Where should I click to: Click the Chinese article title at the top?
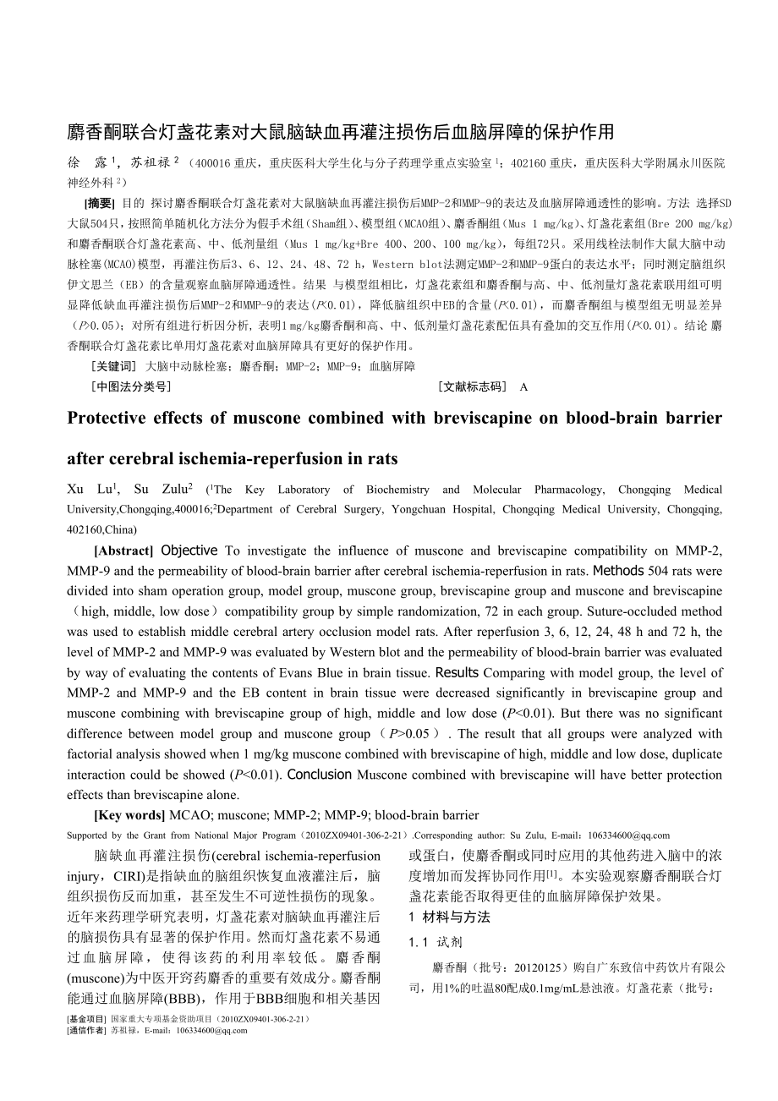(340, 132)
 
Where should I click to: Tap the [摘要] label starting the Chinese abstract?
(98, 203)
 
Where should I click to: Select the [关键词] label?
(112, 366)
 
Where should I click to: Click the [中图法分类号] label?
(130, 386)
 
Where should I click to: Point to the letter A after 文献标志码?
(523, 387)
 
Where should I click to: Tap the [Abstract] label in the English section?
(124, 550)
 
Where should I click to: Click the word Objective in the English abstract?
(189, 550)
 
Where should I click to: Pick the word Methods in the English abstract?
(619, 571)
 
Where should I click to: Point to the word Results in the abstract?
(457, 673)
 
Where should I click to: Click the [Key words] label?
(129, 816)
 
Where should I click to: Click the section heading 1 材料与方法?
(449, 917)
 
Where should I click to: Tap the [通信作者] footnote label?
(86, 1030)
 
